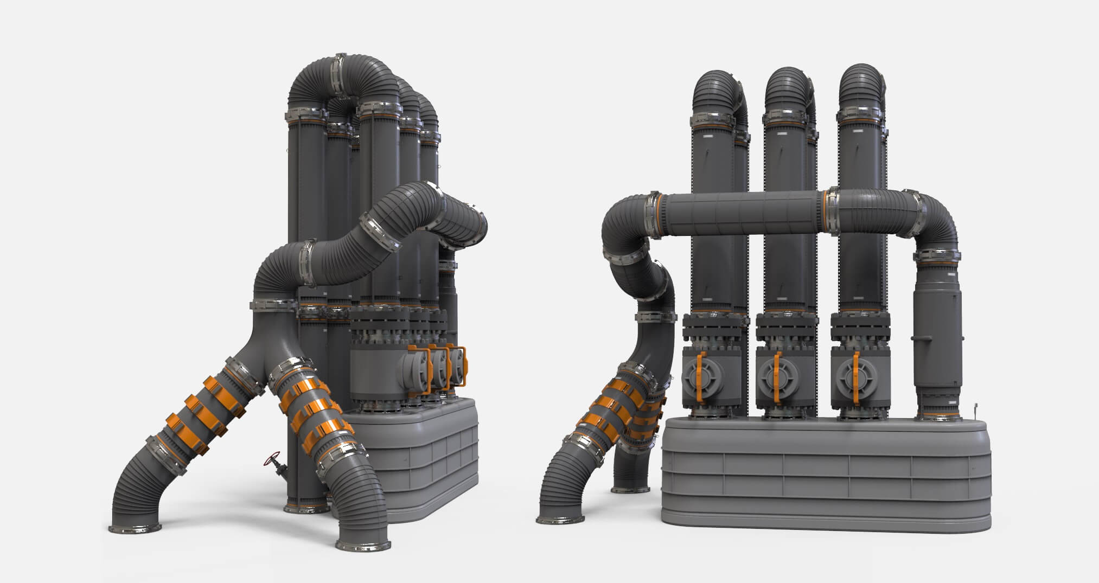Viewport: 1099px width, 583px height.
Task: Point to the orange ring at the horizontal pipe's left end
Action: click(x=660, y=214)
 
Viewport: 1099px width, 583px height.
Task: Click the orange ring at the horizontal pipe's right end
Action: click(x=827, y=212)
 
